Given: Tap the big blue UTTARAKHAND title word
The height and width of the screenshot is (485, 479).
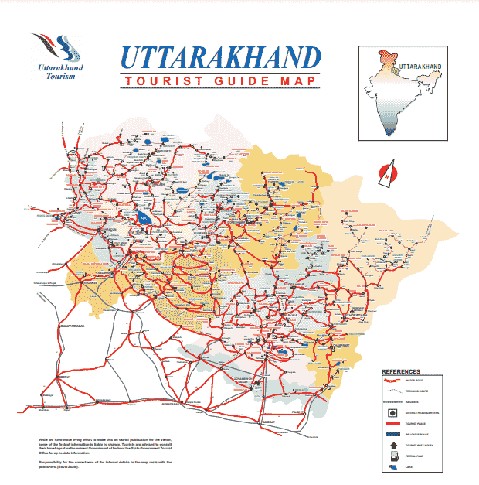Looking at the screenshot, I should pos(220,59).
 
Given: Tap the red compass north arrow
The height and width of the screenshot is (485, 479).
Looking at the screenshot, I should pos(384,174).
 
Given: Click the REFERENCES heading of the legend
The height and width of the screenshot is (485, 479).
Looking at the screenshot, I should pos(401,372).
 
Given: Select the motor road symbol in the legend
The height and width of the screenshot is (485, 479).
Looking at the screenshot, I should pos(393,381).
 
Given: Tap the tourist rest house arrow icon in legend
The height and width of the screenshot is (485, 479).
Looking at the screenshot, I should pos(393,446).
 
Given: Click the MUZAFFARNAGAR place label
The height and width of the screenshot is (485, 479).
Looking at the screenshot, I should pos(73,327).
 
